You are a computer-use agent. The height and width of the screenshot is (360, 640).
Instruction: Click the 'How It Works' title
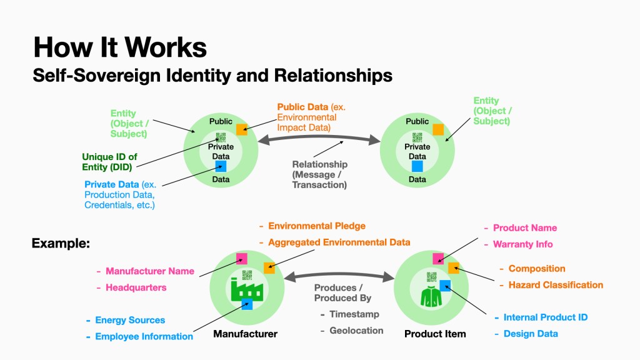(119, 47)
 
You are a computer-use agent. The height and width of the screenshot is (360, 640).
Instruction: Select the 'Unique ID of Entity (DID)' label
(109, 162)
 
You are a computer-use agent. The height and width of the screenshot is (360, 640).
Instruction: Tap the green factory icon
(246, 289)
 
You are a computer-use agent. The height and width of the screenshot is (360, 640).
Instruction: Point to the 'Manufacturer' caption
(245, 334)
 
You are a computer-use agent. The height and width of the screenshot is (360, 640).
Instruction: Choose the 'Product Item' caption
(435, 334)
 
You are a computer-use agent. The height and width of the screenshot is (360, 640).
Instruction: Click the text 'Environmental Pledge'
(317, 226)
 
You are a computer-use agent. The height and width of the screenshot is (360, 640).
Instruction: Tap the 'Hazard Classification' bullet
(556, 285)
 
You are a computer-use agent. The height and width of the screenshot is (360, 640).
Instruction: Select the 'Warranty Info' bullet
(522, 244)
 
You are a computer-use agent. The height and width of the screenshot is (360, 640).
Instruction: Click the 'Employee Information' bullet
(144, 336)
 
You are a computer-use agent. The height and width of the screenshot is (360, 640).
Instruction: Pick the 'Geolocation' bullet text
(356, 330)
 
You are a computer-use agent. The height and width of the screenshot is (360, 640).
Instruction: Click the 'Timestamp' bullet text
(354, 314)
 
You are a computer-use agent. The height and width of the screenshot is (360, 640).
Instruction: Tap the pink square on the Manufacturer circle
(241, 258)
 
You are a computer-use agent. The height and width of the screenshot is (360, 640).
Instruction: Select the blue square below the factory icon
(247, 305)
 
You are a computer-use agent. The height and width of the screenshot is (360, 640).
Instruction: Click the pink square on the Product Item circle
(439, 258)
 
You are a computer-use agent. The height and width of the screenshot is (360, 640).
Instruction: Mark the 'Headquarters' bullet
(136, 287)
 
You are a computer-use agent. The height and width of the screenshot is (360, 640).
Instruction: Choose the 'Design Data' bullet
(531, 333)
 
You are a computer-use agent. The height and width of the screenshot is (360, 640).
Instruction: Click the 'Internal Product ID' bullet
(546, 317)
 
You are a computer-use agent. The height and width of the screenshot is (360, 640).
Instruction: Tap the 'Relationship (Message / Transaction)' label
(319, 174)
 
